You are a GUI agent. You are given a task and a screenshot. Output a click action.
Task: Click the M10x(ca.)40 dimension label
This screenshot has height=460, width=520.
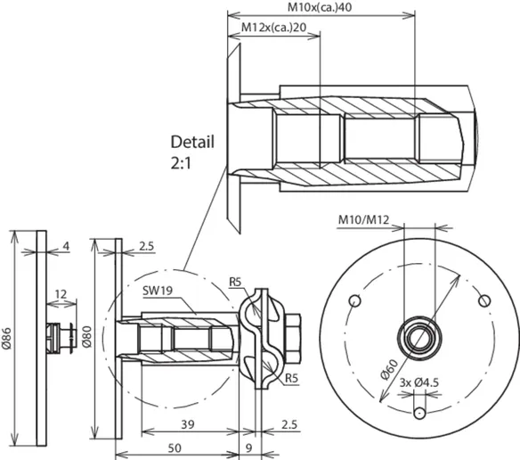click(x=320, y=7)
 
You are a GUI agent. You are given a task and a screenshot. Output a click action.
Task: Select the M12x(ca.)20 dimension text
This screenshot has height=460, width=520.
click(x=273, y=28)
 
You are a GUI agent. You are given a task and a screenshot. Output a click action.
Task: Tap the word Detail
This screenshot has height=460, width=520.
click(x=192, y=142)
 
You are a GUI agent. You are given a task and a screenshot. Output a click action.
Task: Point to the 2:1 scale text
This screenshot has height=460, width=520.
click(x=181, y=163)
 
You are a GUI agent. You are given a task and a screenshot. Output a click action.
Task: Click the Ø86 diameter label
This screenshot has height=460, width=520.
click(x=7, y=339)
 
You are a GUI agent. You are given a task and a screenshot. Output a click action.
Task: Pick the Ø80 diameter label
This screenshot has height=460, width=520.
click(x=87, y=337)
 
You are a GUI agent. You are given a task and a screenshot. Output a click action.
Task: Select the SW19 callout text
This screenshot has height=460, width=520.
click(x=158, y=291)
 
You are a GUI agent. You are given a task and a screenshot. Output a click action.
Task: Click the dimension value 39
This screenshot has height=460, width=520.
click(x=188, y=424)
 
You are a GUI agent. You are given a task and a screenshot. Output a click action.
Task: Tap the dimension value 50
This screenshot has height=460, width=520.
click(x=175, y=448)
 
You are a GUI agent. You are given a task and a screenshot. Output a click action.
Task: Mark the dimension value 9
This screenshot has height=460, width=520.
click(x=248, y=448)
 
